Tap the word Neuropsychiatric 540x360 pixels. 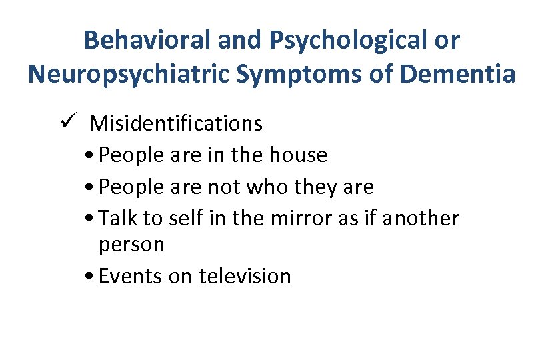(x=130, y=74)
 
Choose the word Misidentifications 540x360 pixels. (x=176, y=123)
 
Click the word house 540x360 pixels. (x=298, y=155)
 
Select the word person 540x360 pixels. (x=131, y=245)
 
